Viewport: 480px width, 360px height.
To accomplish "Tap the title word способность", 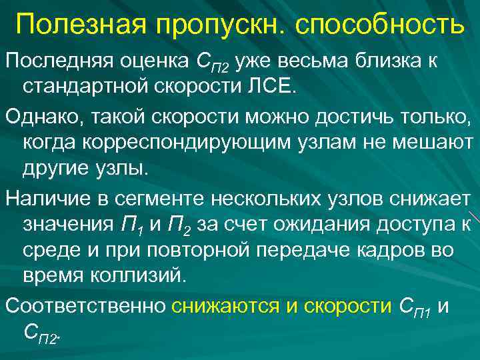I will point(381,25).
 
